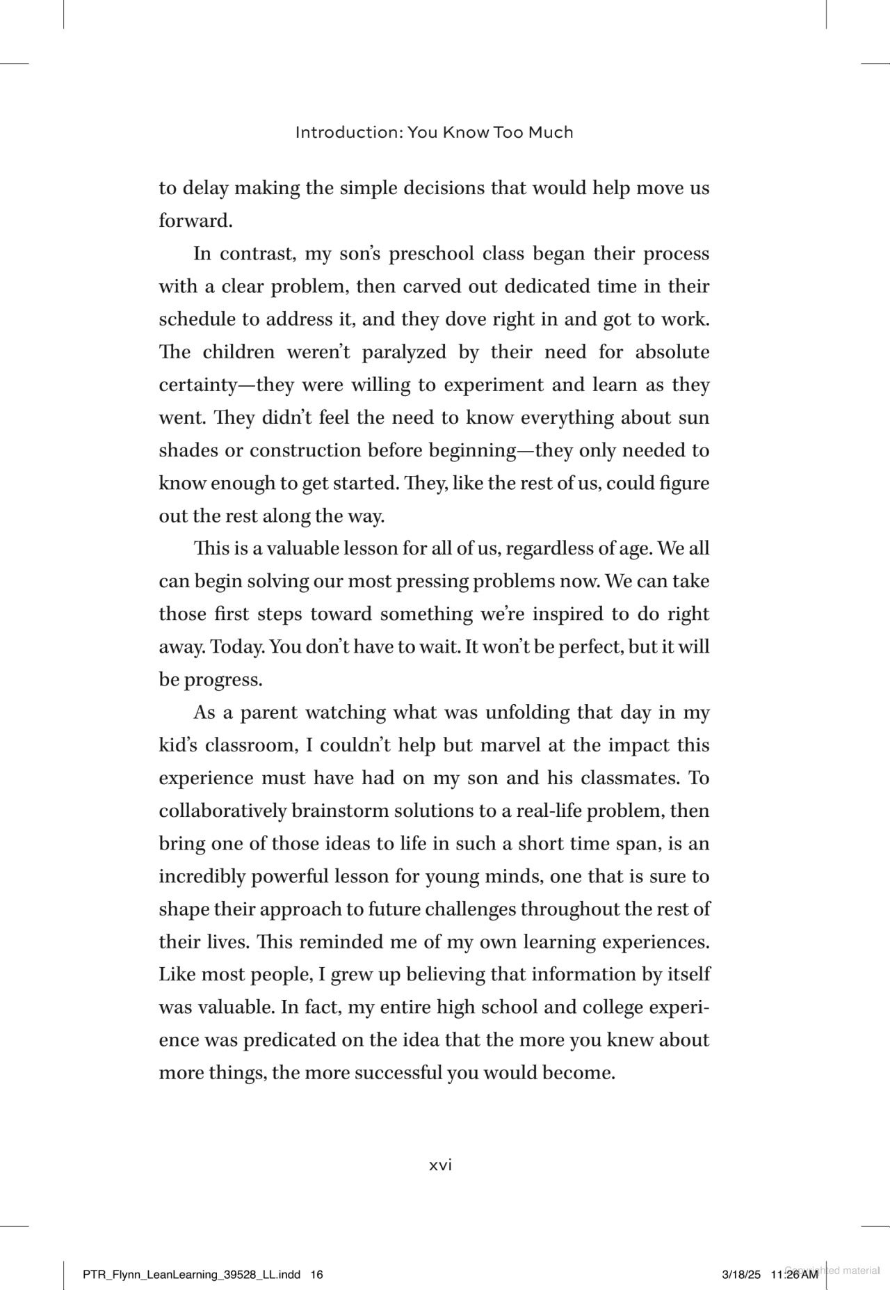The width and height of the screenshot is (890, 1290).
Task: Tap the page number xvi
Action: [440, 1165]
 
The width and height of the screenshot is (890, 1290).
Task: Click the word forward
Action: [195, 221]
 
